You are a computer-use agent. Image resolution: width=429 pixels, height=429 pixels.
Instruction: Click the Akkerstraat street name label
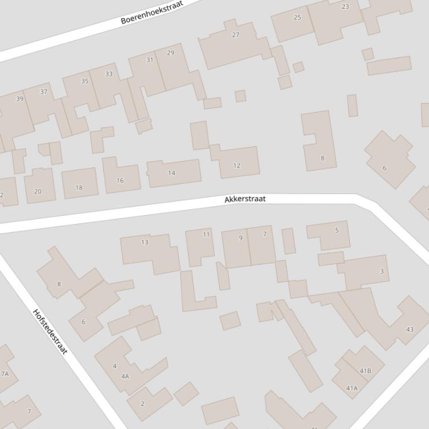point(245,199)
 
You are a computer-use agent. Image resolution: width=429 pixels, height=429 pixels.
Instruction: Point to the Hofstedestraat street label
point(50,331)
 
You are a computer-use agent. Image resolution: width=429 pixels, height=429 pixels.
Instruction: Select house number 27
point(235,35)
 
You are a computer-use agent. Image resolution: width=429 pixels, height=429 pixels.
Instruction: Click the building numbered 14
point(171,173)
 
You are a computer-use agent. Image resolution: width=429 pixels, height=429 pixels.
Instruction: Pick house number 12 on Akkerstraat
point(237,165)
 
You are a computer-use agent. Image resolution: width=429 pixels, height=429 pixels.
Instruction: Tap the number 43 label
point(409,329)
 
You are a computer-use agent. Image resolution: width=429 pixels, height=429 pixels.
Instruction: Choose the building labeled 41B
point(365,370)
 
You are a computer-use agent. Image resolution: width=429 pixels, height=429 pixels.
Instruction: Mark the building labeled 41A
point(351,388)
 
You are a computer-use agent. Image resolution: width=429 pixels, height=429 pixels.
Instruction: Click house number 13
point(145,242)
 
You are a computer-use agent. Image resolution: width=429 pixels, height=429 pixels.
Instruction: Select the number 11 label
point(206,235)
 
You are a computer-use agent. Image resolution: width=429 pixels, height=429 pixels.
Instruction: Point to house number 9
point(241,238)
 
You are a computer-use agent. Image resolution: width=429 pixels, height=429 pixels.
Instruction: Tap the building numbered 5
point(336,230)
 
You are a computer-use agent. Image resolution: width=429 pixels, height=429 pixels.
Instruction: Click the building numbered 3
point(382,271)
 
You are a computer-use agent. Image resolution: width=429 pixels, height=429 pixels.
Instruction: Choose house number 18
point(79,188)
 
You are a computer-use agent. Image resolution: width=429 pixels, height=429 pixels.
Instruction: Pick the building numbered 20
point(37,191)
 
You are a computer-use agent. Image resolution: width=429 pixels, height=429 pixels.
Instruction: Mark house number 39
point(20,99)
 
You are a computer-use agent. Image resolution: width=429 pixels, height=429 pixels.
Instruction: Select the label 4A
point(125,376)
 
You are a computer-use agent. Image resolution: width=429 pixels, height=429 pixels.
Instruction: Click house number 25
point(297,17)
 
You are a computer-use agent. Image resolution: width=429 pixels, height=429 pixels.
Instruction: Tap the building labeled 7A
point(5,374)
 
